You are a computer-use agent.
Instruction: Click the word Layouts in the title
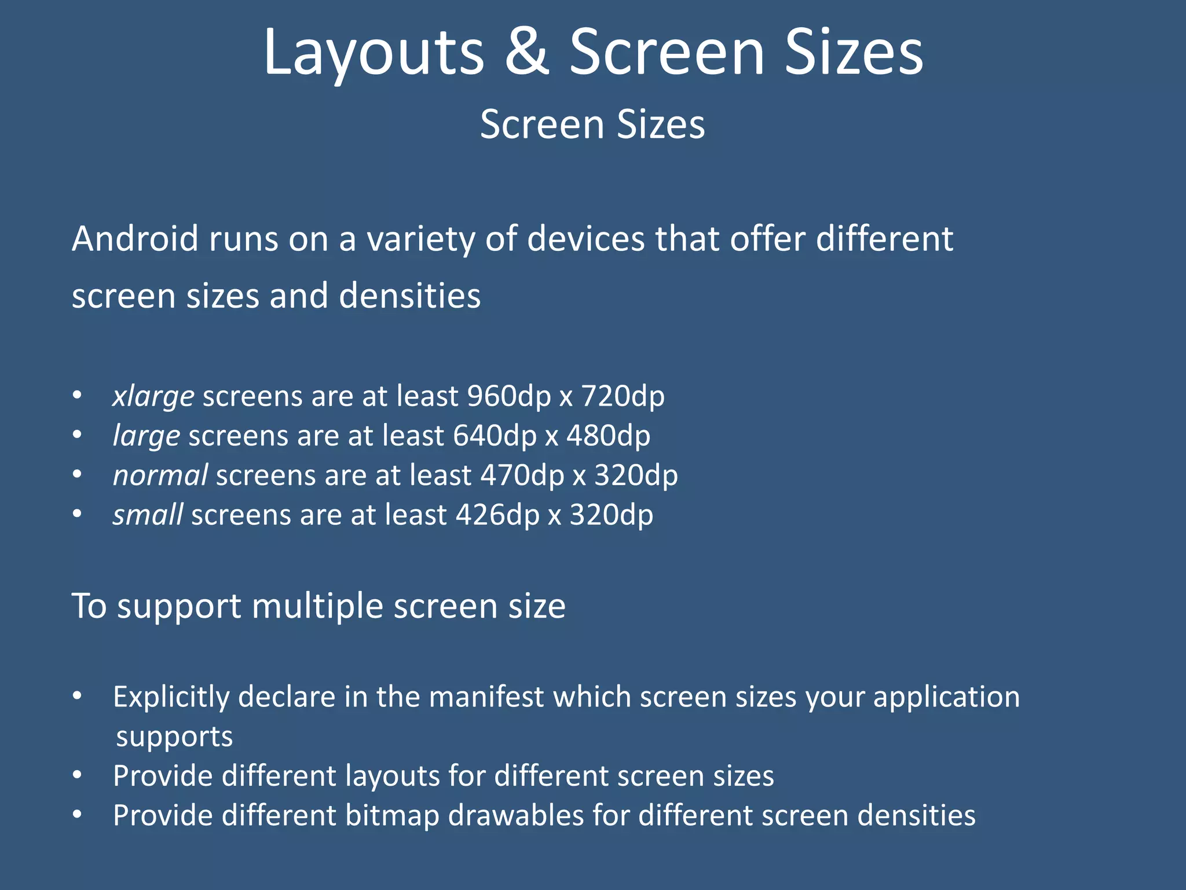pyautogui.click(x=374, y=53)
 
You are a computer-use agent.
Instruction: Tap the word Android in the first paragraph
pyautogui.click(x=135, y=239)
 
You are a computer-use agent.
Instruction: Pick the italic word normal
pyautogui.click(x=160, y=476)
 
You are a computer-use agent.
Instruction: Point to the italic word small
pyautogui.click(x=148, y=515)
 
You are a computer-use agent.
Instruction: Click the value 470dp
pyautogui.click(x=522, y=476)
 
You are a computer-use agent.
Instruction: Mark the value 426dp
pyautogui.click(x=497, y=515)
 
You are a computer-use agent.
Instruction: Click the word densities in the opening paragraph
pyautogui.click(x=409, y=296)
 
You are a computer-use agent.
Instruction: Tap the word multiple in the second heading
pyautogui.click(x=317, y=607)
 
